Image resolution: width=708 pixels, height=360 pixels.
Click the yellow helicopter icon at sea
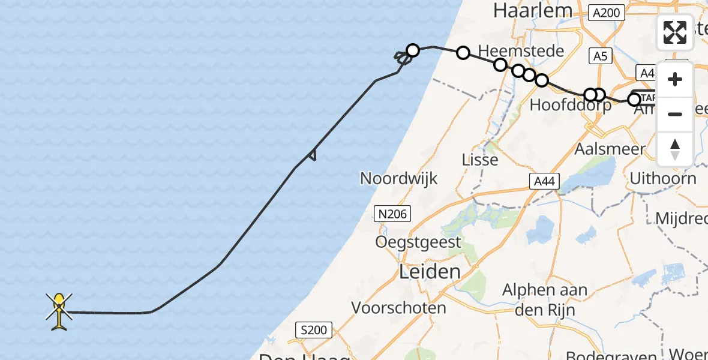tap(59, 311)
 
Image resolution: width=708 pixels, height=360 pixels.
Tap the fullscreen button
tap(675, 32)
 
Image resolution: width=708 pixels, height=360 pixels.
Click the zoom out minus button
tap(675, 114)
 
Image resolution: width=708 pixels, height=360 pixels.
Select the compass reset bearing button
tap(675, 149)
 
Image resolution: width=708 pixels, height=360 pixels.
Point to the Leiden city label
tap(430, 272)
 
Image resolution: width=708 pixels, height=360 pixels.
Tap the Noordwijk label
tap(398, 178)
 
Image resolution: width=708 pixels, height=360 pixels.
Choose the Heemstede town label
tap(521, 50)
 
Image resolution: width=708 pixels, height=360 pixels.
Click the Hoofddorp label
tap(571, 106)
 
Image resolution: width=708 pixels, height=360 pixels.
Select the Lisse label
tap(480, 160)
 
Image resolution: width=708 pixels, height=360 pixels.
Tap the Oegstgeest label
tap(418, 242)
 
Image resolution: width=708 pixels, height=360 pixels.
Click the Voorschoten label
tap(398, 308)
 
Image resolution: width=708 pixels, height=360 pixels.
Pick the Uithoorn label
tap(663, 178)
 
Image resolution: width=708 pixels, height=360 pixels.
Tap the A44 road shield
tap(544, 181)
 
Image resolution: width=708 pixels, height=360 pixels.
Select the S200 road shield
tap(313, 330)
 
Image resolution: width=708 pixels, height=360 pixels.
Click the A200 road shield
tap(607, 12)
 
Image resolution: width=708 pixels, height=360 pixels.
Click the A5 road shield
tap(600, 56)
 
